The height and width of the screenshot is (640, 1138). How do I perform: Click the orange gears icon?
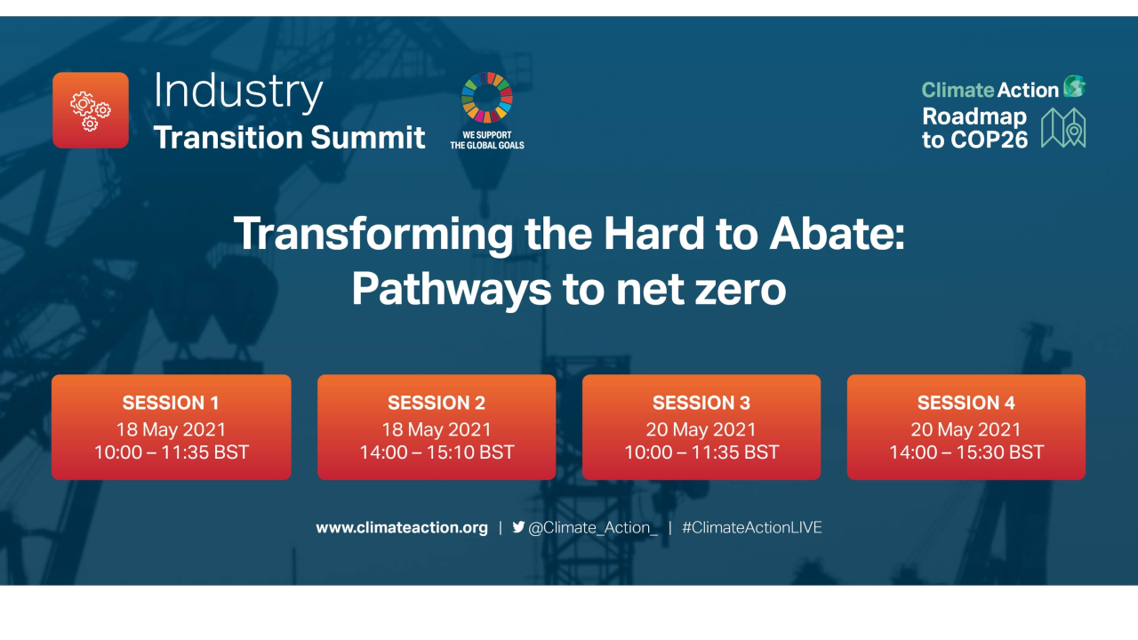tap(91, 110)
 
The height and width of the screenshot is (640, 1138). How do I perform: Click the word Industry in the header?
tap(237, 92)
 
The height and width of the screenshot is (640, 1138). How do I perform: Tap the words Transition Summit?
tap(289, 138)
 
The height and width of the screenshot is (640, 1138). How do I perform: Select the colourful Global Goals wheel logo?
tap(486, 97)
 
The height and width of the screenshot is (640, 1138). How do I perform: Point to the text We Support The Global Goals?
tap(486, 140)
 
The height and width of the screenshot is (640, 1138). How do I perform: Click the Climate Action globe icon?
tap(1075, 87)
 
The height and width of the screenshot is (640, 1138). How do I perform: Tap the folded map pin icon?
tap(1063, 128)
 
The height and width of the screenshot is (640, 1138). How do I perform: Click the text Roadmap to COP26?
tap(975, 128)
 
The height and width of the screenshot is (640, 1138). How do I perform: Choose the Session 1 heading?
tap(171, 403)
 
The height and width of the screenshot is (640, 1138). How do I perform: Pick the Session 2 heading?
tap(437, 403)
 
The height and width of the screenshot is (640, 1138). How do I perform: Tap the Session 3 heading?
tap(701, 403)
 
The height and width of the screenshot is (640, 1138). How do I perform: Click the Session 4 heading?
tap(966, 403)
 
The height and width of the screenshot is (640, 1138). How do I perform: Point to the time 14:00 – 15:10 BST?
tap(437, 452)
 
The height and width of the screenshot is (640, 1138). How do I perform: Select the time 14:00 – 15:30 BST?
tap(966, 452)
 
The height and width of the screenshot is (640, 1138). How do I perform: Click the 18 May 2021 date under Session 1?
tap(171, 429)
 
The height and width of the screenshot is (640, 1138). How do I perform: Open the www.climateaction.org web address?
tap(402, 527)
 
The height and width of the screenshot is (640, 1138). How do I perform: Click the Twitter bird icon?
tap(518, 527)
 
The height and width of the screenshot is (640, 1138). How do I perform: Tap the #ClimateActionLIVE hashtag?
tap(752, 527)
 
